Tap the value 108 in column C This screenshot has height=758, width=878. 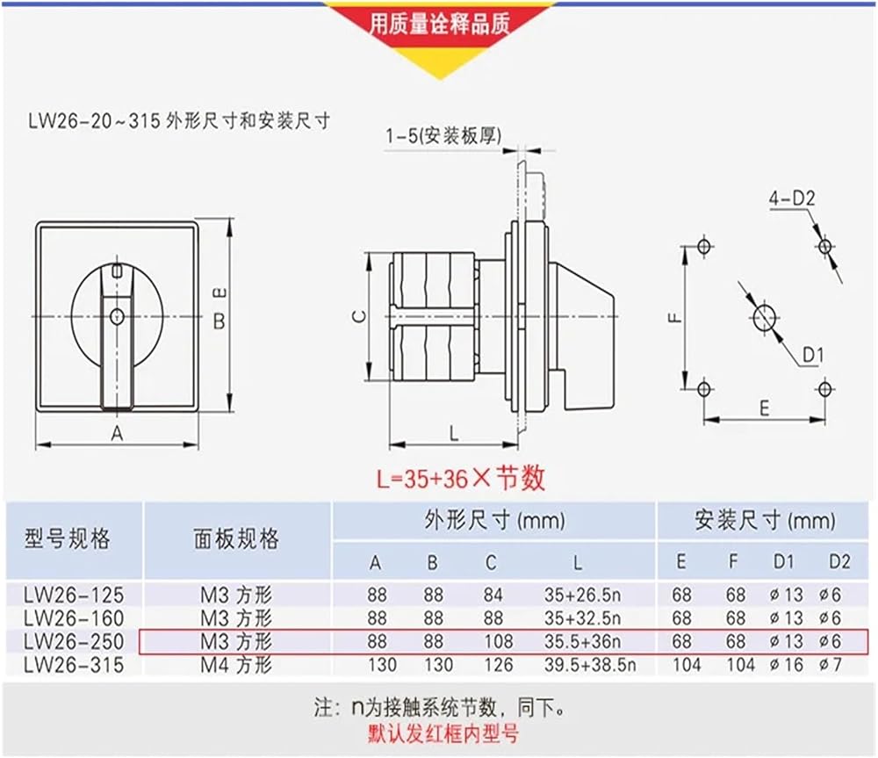(x=498, y=642)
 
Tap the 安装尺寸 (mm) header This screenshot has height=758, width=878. (x=764, y=521)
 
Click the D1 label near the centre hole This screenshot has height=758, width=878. (x=811, y=355)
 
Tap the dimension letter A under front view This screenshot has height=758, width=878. (x=117, y=432)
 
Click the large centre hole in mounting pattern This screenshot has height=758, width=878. (x=764, y=318)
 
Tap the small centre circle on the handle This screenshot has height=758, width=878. (x=117, y=316)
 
